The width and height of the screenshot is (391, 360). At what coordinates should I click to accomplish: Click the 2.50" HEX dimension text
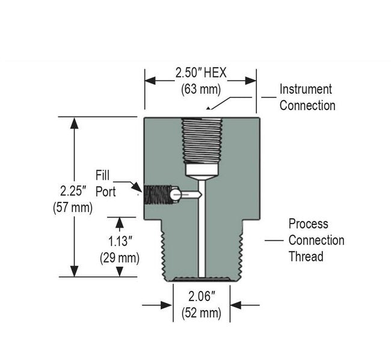tap(201, 73)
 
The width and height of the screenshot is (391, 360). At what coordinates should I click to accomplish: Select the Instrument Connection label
tap(306, 97)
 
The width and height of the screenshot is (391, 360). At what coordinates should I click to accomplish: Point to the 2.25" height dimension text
tap(75, 191)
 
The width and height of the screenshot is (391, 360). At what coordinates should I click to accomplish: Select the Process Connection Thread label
tap(316, 240)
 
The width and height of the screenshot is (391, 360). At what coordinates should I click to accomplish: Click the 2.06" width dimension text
tap(201, 296)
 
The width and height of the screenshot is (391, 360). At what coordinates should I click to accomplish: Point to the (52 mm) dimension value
tap(201, 313)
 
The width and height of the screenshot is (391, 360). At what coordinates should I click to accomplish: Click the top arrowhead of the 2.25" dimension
tap(75, 123)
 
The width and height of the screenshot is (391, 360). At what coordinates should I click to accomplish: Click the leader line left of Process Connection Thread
tap(274, 240)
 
